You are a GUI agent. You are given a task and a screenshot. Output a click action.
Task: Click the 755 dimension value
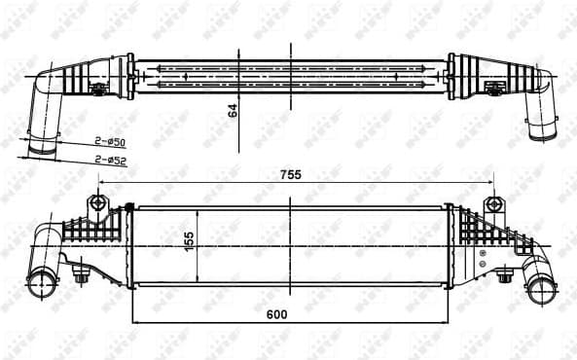(291, 175)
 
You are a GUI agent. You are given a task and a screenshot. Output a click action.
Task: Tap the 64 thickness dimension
(234, 110)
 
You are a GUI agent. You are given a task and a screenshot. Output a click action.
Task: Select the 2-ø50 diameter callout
(108, 142)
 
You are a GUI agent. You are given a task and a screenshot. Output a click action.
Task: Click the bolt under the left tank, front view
(81, 278)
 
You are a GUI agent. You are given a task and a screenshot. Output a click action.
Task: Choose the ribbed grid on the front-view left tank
(97, 234)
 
